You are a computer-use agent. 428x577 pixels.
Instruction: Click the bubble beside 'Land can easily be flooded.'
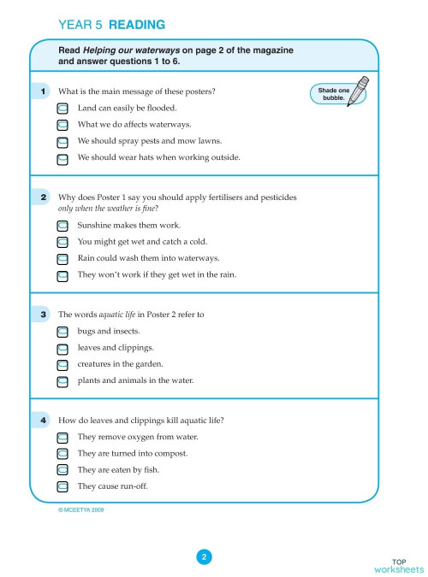point(62,109)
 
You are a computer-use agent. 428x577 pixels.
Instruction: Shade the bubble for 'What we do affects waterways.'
point(62,125)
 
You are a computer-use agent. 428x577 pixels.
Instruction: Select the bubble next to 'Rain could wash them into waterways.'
point(62,258)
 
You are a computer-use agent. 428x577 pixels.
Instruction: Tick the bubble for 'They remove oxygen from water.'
point(62,438)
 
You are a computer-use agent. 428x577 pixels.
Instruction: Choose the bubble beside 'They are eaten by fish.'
point(62,470)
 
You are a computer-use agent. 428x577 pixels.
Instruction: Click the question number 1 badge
point(44,91)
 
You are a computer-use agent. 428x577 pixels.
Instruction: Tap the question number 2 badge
point(44,197)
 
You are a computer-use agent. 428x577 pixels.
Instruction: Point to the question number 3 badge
point(44,315)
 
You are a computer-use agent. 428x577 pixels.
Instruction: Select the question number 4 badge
point(44,421)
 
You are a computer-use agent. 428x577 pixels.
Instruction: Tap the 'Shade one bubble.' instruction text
point(333,94)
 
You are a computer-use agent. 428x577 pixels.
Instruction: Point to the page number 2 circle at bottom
point(204,557)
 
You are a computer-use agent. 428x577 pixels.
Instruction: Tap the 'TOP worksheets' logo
point(398,564)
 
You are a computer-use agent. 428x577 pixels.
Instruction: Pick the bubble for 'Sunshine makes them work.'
point(62,226)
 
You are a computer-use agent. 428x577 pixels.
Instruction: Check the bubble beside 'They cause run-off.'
point(62,486)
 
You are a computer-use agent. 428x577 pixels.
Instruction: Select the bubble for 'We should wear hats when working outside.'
point(62,158)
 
